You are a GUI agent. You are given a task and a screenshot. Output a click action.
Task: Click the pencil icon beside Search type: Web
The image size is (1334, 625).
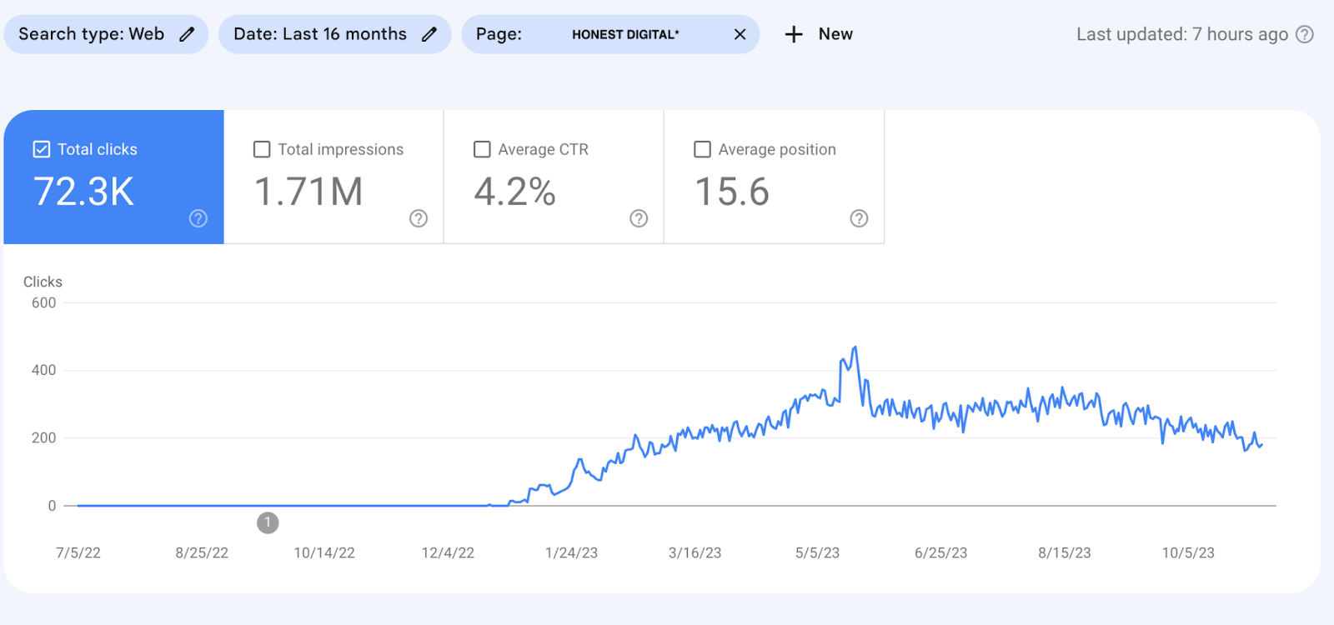tap(188, 34)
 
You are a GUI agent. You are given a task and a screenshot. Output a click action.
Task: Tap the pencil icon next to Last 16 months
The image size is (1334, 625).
tap(429, 34)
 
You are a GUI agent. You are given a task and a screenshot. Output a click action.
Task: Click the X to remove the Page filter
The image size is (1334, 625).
tap(740, 34)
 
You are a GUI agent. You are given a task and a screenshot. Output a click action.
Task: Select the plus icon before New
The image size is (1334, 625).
tap(794, 34)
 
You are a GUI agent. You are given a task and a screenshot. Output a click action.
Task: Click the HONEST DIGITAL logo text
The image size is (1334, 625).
tap(625, 34)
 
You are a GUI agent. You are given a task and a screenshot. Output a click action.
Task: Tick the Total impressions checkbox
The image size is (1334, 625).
tap(262, 149)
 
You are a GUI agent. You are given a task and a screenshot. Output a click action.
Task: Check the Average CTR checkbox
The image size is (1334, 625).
tap(482, 149)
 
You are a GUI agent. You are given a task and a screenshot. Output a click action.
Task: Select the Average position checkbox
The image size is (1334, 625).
tap(703, 149)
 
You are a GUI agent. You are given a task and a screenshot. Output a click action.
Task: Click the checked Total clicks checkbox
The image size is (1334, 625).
tap(42, 149)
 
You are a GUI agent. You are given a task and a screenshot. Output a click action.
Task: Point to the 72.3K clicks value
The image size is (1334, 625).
tap(83, 192)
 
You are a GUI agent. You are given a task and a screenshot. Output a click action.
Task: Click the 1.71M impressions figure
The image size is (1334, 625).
tap(308, 192)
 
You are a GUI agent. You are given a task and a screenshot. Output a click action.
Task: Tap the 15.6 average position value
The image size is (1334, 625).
tap(732, 192)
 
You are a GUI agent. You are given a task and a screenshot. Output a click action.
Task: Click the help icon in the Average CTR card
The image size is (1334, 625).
tap(639, 218)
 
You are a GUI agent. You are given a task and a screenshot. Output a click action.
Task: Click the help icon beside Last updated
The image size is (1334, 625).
tap(1305, 34)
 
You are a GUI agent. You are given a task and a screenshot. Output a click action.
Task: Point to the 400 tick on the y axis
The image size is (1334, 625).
tap(43, 370)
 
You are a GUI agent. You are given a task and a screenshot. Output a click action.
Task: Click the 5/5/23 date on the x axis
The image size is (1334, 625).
tap(817, 552)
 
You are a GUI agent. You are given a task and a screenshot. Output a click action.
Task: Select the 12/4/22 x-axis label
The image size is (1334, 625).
tap(448, 552)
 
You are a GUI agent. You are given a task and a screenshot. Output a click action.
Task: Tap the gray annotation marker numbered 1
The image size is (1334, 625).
tap(268, 522)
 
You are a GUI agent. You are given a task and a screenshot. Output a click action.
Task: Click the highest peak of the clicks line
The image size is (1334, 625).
tap(855, 347)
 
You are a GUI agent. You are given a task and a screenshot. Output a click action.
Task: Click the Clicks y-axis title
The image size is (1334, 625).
tap(43, 282)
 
